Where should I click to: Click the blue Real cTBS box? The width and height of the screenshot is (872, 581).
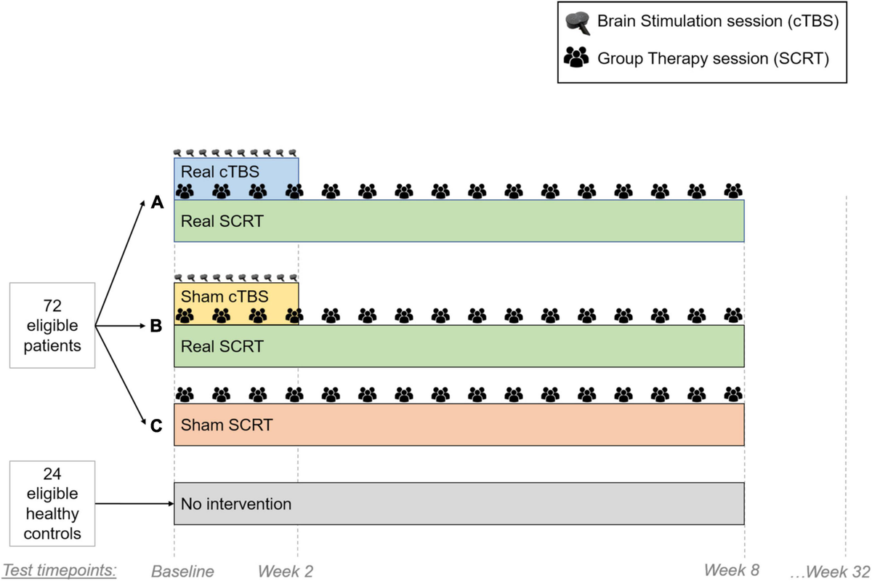[235, 172]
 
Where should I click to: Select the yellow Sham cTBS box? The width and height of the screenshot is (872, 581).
[235, 297]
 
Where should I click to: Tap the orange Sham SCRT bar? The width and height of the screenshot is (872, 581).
[459, 425]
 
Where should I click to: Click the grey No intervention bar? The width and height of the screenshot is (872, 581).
[459, 503]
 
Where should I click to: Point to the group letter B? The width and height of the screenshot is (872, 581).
[156, 327]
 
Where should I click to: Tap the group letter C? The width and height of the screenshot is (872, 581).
[156, 426]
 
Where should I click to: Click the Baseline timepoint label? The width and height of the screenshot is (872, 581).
[182, 571]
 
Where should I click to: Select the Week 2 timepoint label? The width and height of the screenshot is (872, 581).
[287, 571]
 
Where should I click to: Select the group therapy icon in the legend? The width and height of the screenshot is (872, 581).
[577, 58]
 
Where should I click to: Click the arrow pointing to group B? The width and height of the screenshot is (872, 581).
[124, 327]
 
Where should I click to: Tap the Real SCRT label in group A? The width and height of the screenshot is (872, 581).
[222, 221]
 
